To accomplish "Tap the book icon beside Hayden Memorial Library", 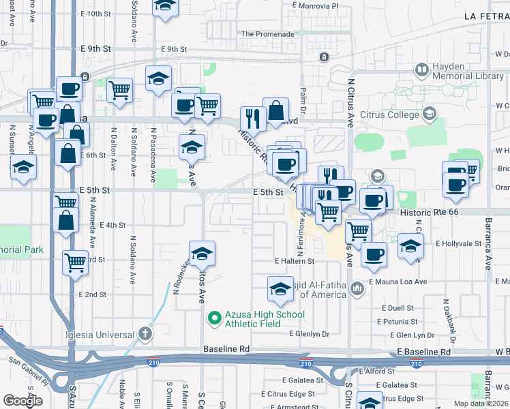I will pos(422,70).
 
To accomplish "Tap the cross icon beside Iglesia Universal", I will pos(144,334).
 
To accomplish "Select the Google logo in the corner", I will pos(23,400).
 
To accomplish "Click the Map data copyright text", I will pos(480,404).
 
